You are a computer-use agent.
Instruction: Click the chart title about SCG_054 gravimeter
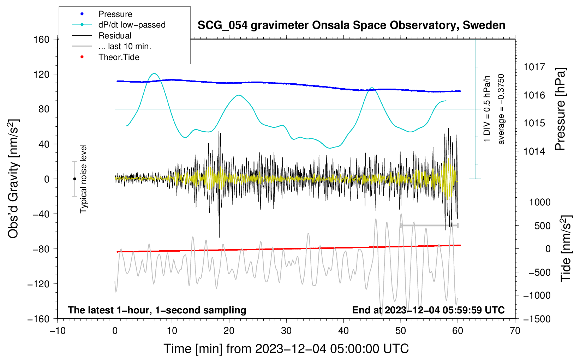(351, 25)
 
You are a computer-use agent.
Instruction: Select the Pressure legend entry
(115, 14)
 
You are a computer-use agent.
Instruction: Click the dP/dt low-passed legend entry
(132, 25)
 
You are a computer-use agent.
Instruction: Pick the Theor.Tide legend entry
(119, 57)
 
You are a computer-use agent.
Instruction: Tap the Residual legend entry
(115, 36)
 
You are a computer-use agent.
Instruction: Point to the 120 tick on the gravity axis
(42, 74)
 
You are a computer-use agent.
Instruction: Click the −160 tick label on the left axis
(38, 319)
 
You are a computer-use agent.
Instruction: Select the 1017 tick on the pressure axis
(534, 67)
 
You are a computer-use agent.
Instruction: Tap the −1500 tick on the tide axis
(537, 319)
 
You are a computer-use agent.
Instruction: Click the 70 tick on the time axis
(515, 331)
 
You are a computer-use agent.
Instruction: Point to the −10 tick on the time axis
(58, 331)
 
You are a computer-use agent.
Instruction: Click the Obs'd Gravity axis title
(13, 179)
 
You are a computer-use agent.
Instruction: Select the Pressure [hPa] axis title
(560, 109)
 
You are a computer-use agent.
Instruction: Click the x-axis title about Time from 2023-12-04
(286, 349)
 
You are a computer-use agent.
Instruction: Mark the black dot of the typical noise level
(74, 179)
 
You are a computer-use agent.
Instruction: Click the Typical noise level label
(83, 179)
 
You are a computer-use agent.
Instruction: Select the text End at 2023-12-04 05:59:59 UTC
(428, 310)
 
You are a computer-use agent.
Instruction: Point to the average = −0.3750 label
(501, 109)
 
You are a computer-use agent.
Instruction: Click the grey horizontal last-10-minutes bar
(429, 225)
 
